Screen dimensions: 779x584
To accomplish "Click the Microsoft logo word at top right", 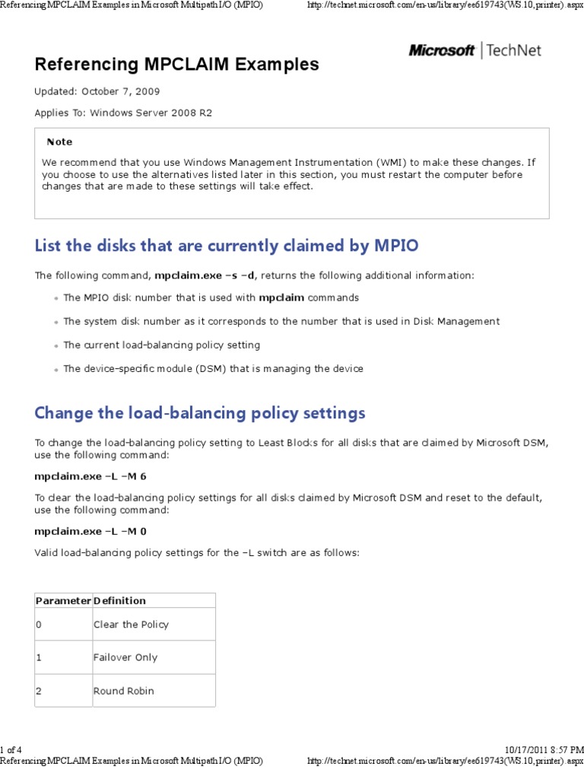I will click(x=441, y=51).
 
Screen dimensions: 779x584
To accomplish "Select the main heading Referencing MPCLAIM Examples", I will click(x=176, y=65).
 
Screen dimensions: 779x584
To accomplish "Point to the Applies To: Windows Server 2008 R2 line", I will click(x=123, y=113).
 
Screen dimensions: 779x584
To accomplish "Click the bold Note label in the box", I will click(x=59, y=141).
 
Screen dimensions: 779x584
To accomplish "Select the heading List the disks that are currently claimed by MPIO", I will click(x=227, y=246).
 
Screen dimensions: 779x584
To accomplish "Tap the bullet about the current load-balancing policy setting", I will click(x=161, y=345).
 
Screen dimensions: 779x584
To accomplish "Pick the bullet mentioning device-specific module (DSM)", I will click(x=213, y=369).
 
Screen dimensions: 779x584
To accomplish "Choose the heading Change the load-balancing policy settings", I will click(x=200, y=413).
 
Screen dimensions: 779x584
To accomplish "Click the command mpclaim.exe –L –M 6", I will click(x=90, y=475).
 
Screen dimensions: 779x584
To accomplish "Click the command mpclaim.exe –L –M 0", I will click(x=90, y=531).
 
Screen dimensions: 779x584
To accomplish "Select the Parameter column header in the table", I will click(x=63, y=601).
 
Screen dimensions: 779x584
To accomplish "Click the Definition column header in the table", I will click(x=119, y=601).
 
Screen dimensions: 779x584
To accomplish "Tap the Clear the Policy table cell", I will click(x=131, y=625).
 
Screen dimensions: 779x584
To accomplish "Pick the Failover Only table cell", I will click(x=125, y=657).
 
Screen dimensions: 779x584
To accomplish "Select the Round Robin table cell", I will click(x=123, y=691).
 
